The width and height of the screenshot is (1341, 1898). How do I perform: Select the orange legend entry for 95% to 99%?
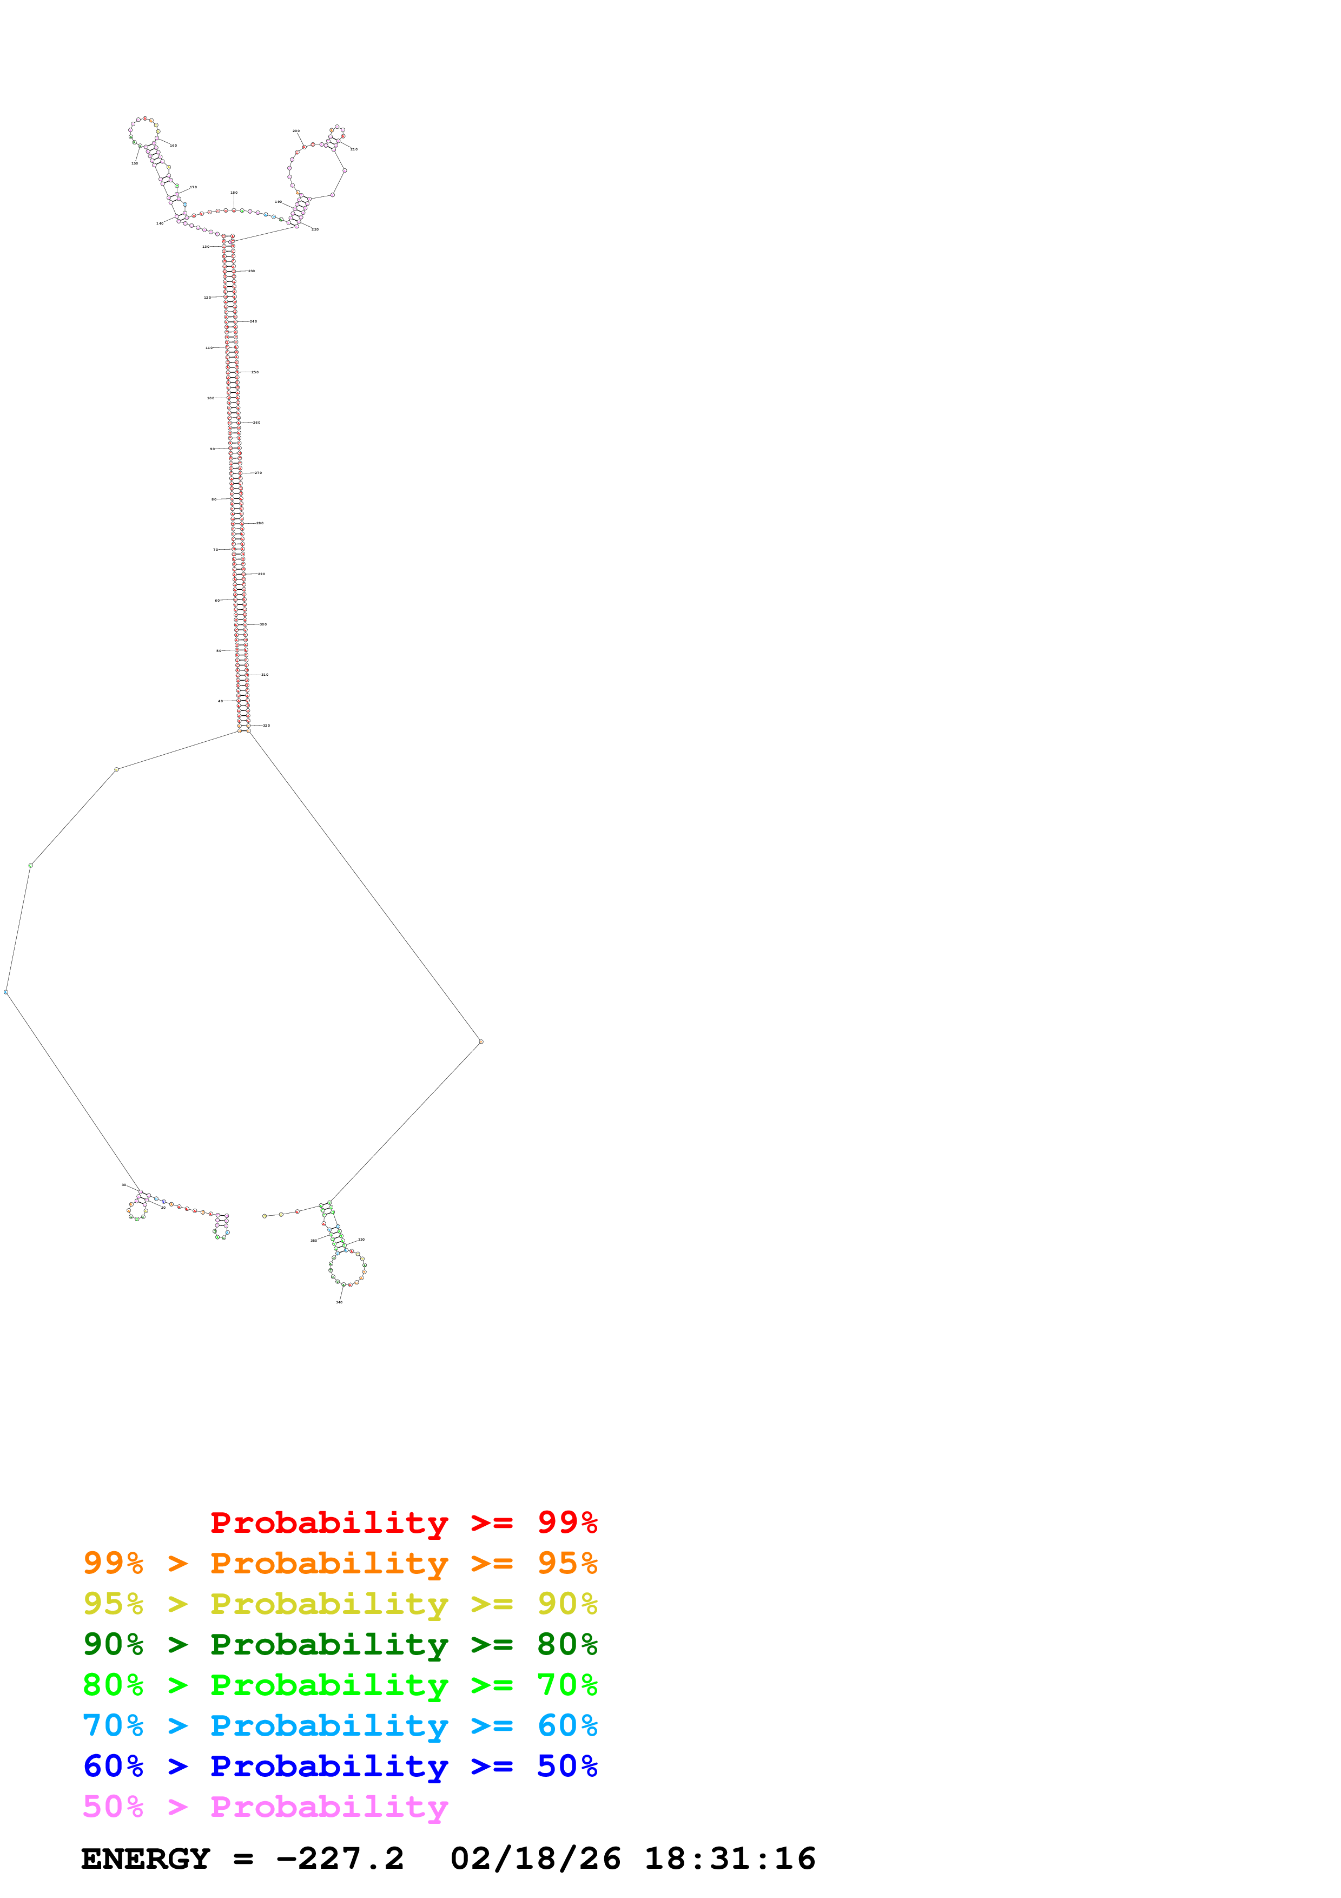(x=340, y=1563)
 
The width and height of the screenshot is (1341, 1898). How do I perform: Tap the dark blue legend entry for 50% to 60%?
(x=340, y=1766)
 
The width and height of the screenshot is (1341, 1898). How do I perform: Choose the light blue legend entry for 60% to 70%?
(x=340, y=1725)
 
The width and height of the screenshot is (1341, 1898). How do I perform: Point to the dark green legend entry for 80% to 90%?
(x=340, y=1644)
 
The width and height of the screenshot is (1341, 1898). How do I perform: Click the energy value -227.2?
(x=340, y=1859)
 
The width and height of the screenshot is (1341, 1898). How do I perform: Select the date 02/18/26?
(x=536, y=1859)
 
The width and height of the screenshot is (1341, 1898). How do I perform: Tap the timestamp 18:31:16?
(x=730, y=1859)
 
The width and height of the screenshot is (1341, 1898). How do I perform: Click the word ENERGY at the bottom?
(x=146, y=1859)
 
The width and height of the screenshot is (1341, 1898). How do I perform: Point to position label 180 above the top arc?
(x=234, y=193)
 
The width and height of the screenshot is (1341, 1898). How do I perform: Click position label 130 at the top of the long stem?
(x=206, y=246)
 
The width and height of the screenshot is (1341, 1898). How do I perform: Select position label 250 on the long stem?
(x=255, y=372)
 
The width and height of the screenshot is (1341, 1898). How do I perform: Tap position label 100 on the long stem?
(x=210, y=398)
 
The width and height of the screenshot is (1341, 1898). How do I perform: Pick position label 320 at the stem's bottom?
(x=266, y=725)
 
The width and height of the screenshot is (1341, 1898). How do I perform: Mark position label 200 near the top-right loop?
(x=296, y=130)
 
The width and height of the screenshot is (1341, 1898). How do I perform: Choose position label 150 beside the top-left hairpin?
(x=135, y=163)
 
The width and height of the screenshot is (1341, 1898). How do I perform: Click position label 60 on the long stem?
(x=217, y=600)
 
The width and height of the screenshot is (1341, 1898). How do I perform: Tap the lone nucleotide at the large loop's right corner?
(x=481, y=1042)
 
